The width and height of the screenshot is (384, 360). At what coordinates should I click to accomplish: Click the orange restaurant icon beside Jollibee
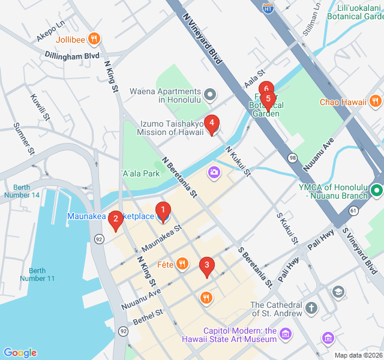[94, 40]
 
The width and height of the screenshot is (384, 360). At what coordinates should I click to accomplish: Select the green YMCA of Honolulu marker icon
[376, 191]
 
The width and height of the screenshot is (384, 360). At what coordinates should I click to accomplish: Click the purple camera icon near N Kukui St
[214, 173]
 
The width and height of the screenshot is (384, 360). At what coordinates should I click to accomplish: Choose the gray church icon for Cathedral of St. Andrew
[311, 308]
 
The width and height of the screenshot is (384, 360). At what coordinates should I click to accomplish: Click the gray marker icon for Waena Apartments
[210, 94]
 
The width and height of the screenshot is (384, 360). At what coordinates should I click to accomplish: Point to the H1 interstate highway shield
[269, 8]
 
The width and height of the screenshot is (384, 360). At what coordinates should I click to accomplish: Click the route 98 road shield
[293, 157]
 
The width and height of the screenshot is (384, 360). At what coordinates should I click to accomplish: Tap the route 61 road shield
[353, 211]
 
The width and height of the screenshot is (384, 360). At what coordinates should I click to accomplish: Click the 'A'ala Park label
[141, 173]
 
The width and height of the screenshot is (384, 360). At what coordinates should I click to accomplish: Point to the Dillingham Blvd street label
[72, 55]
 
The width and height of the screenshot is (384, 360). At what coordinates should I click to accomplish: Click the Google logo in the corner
[20, 353]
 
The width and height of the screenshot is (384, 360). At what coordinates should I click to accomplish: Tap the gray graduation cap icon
[338, 292]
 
